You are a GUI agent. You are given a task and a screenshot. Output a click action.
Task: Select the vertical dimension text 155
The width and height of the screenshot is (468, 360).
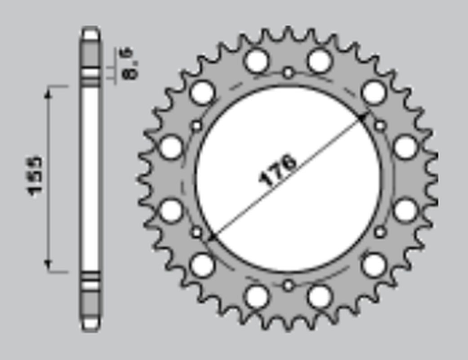(36, 176)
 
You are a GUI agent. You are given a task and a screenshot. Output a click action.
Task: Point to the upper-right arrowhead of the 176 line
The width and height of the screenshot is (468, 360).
(363, 117)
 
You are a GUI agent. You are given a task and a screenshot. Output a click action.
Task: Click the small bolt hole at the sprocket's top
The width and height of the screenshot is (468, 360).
(288, 72)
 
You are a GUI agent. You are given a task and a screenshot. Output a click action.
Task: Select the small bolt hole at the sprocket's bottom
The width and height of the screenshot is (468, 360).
(288, 285)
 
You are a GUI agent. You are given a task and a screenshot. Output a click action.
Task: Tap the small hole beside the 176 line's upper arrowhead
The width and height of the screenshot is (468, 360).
(380, 126)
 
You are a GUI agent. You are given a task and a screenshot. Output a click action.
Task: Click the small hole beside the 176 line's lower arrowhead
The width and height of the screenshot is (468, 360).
(196, 233)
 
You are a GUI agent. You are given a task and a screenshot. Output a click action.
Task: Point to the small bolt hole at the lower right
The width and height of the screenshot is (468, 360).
(380, 232)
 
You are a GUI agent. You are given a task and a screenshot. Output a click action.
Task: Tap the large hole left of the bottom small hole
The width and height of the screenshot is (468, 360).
(257, 297)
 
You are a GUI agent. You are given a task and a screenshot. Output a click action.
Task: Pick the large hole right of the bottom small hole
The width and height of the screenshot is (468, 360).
(320, 297)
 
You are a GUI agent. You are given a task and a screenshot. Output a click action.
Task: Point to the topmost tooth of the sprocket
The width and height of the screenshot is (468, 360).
(288, 32)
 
